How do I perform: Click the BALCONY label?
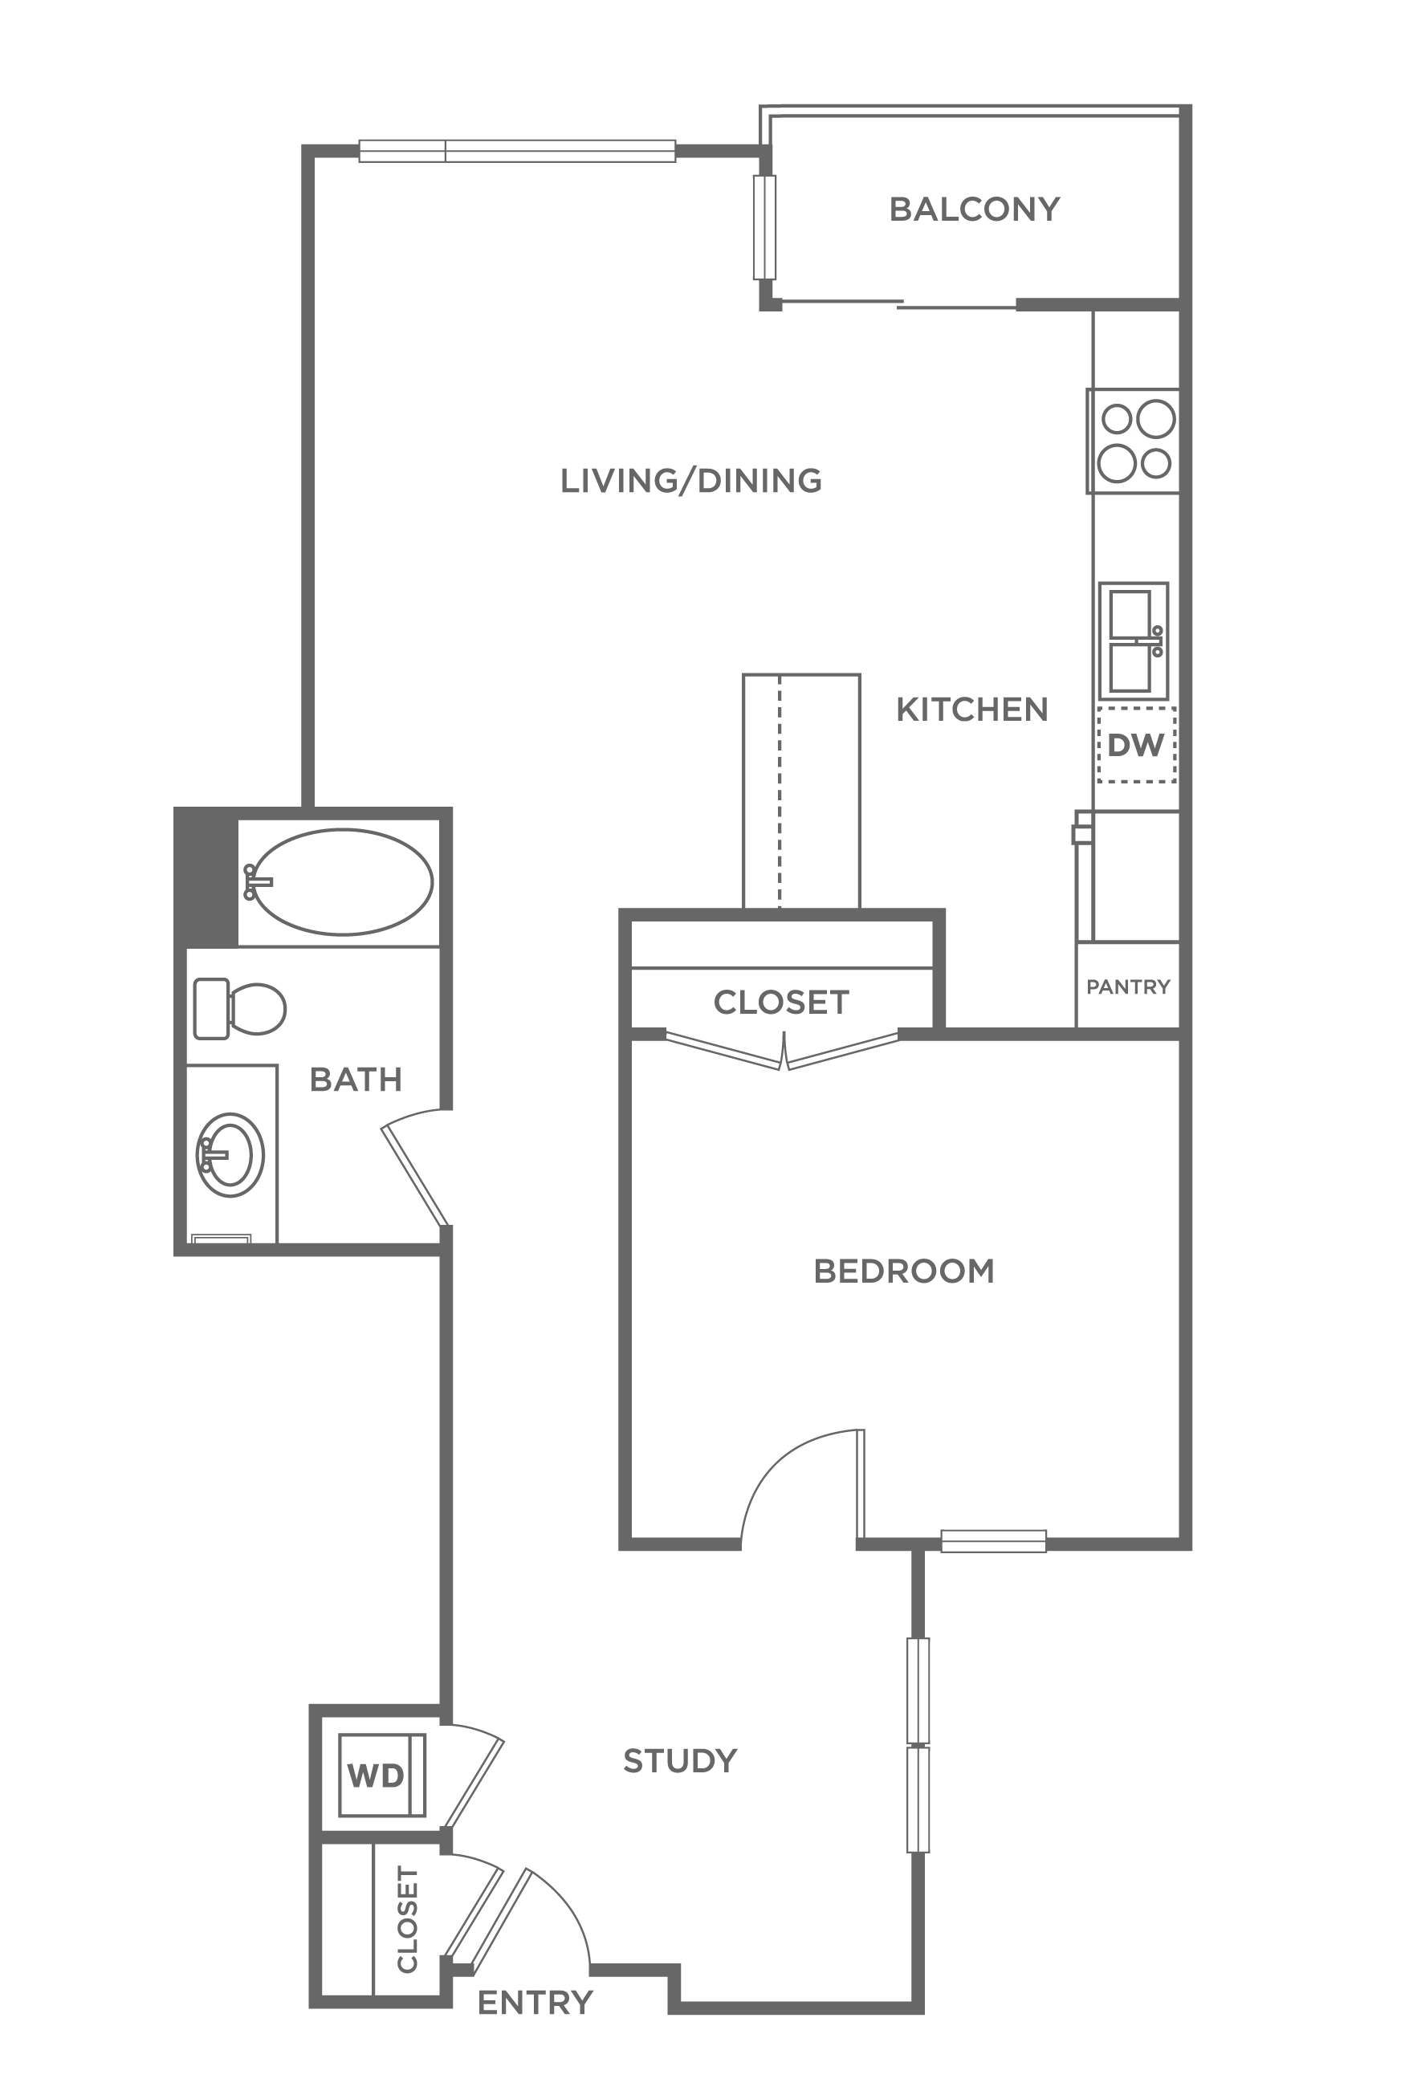coord(974,209)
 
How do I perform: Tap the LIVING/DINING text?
coord(691,481)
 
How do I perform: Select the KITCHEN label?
coord(972,710)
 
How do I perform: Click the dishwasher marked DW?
coord(1136,745)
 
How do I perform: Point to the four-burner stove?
coord(1133,441)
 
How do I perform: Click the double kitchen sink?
coord(1133,641)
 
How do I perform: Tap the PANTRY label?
coord(1128,987)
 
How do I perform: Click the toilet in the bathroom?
coord(239,1009)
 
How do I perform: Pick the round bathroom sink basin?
coord(230,1154)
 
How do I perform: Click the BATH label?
coord(356,1079)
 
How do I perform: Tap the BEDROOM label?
coord(904,1271)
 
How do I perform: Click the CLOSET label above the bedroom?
coord(781,1003)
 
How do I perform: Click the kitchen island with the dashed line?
coord(800,791)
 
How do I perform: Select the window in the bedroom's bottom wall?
coord(993,1542)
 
